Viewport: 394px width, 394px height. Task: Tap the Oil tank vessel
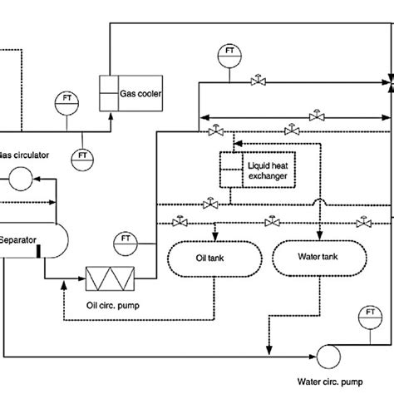point(204,259)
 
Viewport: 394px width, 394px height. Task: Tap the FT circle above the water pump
point(368,317)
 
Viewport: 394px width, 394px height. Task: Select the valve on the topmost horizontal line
point(258,81)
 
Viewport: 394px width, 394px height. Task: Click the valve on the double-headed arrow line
point(314,115)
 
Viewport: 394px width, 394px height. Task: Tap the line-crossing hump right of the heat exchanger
point(319,203)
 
